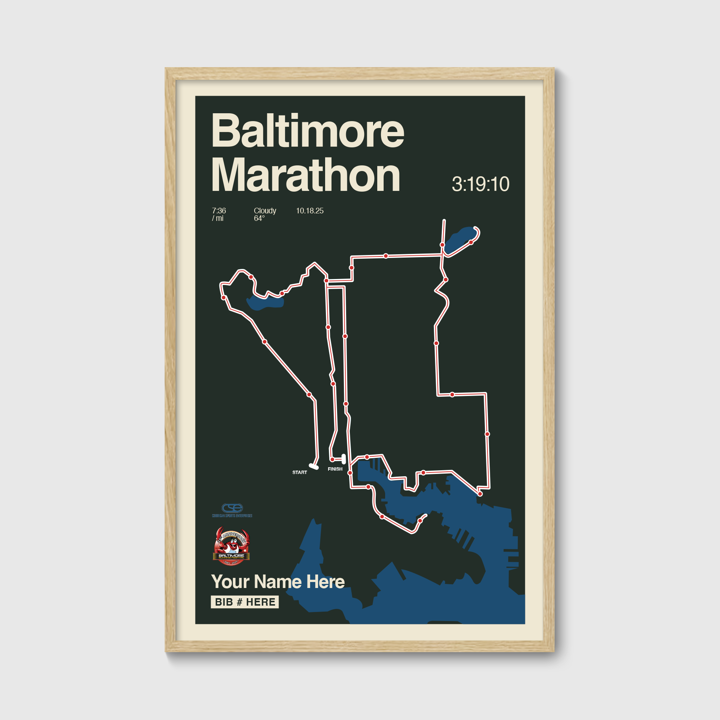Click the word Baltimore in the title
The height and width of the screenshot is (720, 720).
(x=307, y=131)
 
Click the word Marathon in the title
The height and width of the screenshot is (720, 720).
(x=306, y=175)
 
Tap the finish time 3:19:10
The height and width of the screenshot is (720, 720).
(x=480, y=184)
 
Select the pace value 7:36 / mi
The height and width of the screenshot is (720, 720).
(x=219, y=214)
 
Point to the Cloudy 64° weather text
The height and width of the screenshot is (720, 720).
(x=265, y=214)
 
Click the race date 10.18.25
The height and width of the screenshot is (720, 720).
(x=310, y=211)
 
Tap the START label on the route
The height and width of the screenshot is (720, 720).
(x=300, y=472)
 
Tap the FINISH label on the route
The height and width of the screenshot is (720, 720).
(x=335, y=469)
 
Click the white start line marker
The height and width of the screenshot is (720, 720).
(x=314, y=467)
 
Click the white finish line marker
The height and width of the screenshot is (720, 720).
(x=343, y=459)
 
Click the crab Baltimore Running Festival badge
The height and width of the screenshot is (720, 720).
(x=231, y=546)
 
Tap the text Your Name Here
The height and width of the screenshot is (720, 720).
(x=278, y=582)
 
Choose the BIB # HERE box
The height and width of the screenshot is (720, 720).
(x=244, y=602)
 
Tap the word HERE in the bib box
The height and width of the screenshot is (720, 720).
(x=261, y=602)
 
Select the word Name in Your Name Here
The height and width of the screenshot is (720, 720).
(x=278, y=582)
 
